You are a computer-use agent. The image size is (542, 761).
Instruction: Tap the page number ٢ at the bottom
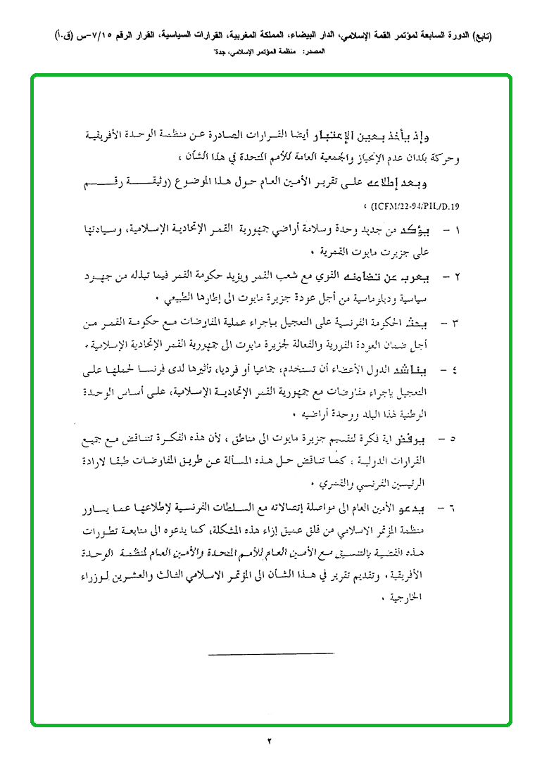(270, 740)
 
